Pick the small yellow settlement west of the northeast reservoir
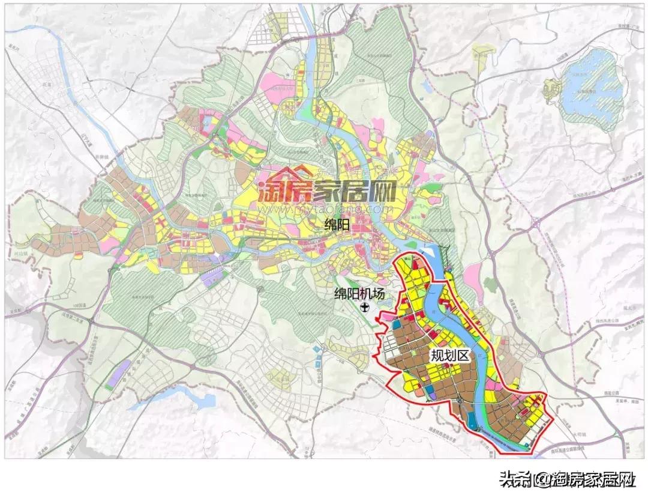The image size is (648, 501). [550, 90]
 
